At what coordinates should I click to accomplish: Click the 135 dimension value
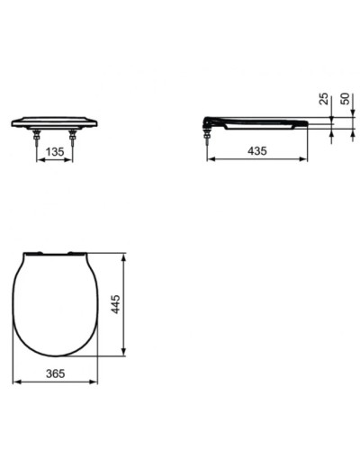(x=56, y=153)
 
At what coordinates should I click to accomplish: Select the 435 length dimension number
(x=256, y=153)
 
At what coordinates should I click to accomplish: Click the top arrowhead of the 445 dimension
(x=123, y=255)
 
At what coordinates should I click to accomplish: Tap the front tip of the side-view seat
(x=307, y=121)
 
